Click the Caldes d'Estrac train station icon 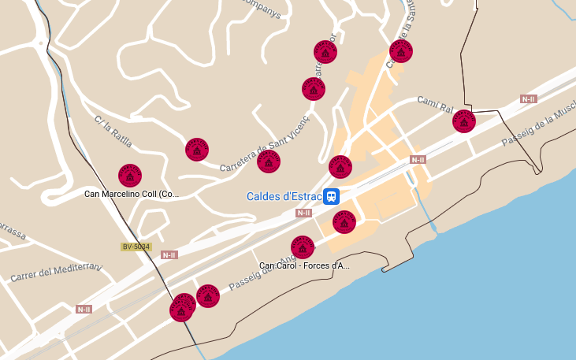333,195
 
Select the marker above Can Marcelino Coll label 130,175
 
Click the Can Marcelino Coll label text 132,194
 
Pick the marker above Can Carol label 303,247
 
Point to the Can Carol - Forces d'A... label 304,265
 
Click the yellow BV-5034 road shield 136,247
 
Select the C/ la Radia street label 113,132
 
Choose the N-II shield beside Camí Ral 528,99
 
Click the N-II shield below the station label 304,213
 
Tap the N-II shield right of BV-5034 169,254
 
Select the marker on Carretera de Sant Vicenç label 269,161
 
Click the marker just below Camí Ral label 464,121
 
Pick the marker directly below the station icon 344,222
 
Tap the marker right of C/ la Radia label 197,149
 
